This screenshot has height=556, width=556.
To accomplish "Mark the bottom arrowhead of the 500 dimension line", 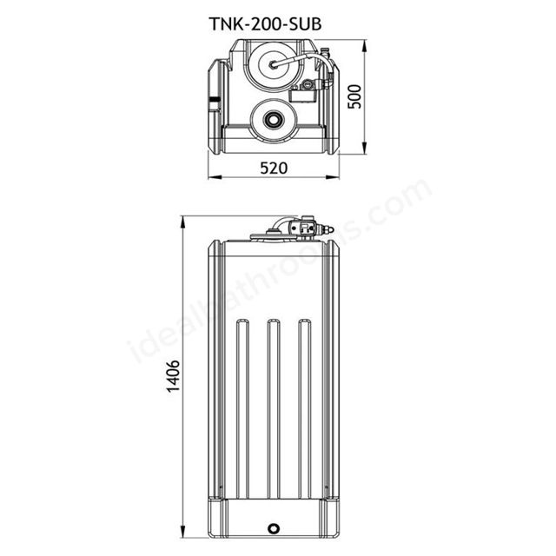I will click(x=364, y=153).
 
